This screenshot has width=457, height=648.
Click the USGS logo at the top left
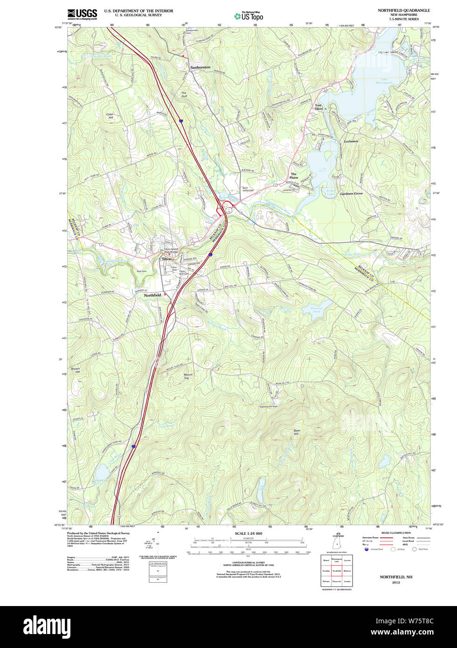82,14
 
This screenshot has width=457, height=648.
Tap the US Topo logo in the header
249,16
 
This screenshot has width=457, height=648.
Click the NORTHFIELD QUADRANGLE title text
404,10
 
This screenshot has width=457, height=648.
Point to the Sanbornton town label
200,68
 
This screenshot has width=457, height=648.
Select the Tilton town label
166,259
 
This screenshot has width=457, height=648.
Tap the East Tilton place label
319,107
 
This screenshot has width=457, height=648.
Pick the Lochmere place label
351,141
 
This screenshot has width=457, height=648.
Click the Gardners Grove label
351,193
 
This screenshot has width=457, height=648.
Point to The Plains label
294,176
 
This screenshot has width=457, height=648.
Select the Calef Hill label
110,116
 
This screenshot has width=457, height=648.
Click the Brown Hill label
75,371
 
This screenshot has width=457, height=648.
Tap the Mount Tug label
188,376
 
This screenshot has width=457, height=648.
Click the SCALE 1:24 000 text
248,533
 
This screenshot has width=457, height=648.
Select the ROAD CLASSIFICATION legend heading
396,533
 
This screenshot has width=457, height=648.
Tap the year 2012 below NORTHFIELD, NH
396,583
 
